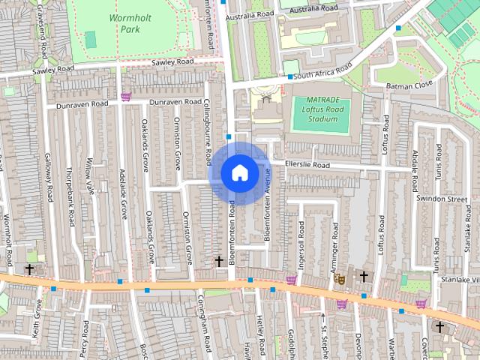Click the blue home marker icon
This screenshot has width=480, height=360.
238,172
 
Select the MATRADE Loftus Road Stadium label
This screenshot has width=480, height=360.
320,109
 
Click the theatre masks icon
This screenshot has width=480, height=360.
339,277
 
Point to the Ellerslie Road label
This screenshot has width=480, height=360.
307,164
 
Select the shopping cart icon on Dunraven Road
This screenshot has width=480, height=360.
125,97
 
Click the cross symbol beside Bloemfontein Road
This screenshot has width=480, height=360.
219,261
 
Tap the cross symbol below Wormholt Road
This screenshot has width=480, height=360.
30,268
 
